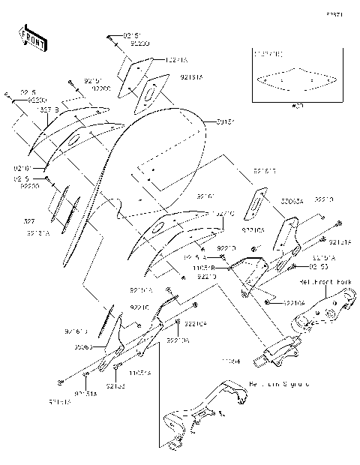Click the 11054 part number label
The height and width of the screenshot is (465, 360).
pos(230,361)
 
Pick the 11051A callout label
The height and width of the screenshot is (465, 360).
pos(139,372)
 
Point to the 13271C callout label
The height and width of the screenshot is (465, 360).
pos(223,212)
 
